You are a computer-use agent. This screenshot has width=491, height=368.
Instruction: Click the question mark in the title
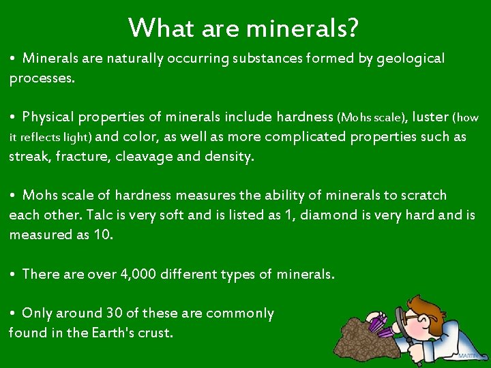tap(353, 29)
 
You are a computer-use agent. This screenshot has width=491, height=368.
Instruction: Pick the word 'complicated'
tap(306, 136)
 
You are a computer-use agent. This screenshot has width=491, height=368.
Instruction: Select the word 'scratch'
tap(424, 196)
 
